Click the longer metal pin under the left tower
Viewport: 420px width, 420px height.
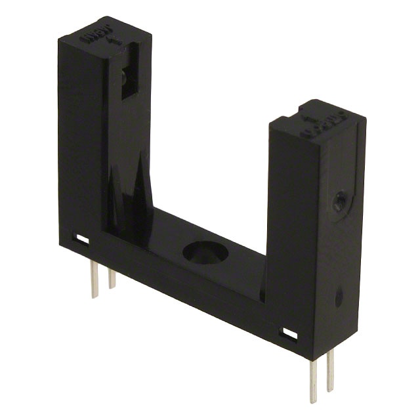click(94, 278)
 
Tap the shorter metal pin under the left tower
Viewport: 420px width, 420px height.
click(112, 278)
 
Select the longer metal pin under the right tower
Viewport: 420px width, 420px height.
click(314, 381)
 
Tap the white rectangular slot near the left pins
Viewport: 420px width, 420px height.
click(82, 240)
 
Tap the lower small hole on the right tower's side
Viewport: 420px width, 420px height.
click(339, 298)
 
